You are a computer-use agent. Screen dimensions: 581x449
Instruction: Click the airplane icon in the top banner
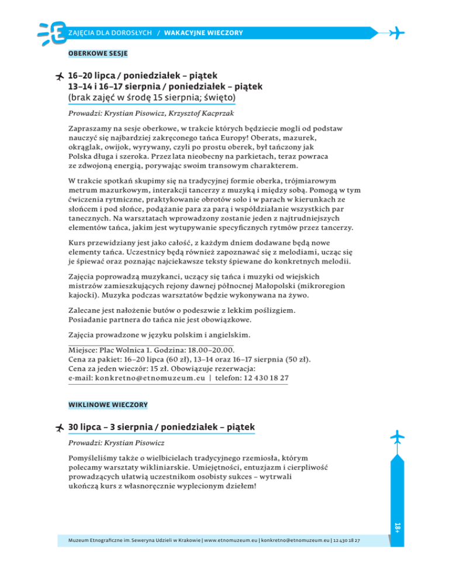[x=397, y=32]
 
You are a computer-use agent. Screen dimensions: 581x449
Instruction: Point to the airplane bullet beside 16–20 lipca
[x=59, y=77]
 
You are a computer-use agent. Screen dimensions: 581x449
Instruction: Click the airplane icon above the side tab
[x=396, y=437]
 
